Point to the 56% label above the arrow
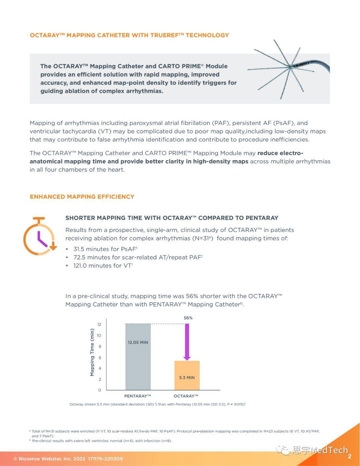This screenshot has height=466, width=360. click(x=188, y=318)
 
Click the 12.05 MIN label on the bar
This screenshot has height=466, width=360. click(x=138, y=342)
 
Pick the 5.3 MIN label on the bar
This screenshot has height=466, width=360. click(x=187, y=378)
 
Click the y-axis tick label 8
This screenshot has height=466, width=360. click(x=100, y=347)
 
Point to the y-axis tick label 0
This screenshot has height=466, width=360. click(x=100, y=390)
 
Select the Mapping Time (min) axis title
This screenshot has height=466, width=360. click(x=92, y=352)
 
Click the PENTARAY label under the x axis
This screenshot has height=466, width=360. click(x=137, y=396)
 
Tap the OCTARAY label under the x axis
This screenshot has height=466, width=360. click(x=186, y=396)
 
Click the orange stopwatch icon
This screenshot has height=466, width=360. click(x=39, y=237)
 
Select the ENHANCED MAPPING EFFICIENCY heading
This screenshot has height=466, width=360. click(x=82, y=197)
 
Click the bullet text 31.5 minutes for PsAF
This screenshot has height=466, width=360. click(x=105, y=249)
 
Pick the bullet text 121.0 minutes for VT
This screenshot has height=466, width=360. click(x=103, y=266)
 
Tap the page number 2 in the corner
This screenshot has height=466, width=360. click(x=350, y=456)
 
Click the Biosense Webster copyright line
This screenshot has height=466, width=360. click(x=68, y=459)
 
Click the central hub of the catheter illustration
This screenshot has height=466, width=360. click(x=291, y=67)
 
